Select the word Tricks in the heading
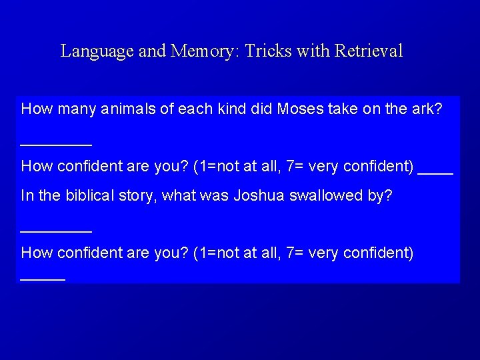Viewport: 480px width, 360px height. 266,51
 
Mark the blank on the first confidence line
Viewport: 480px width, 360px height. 435,173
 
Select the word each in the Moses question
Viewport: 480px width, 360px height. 194,108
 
